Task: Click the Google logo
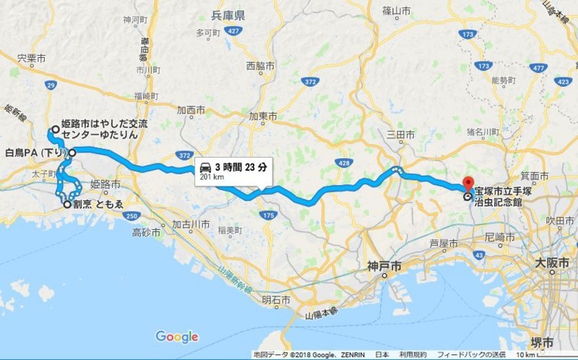click(x=176, y=337)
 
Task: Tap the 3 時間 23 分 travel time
click(x=241, y=166)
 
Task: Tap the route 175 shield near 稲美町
click(x=269, y=215)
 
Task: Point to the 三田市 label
click(x=400, y=134)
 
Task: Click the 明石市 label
click(x=275, y=300)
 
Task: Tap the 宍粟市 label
click(x=32, y=57)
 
